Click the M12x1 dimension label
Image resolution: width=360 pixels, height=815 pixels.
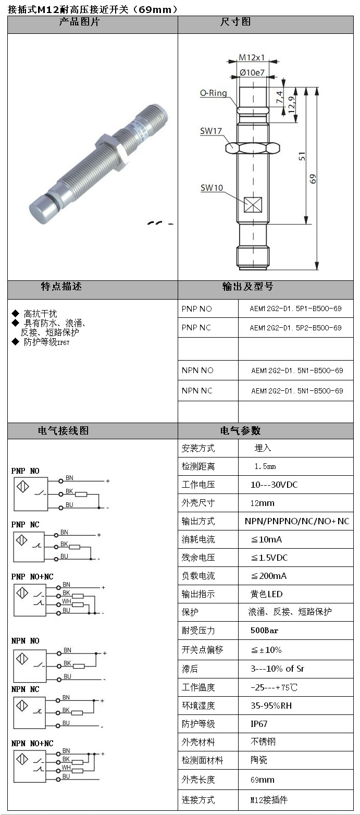pyautogui.click(x=252, y=57)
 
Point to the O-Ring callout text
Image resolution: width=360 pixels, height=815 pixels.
pyautogui.click(x=214, y=93)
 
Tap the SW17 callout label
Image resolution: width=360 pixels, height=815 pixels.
pyautogui.click(x=211, y=131)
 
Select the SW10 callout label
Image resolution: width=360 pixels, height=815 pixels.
pyautogui.click(x=212, y=188)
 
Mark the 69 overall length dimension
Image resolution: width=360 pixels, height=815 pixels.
pyautogui.click(x=313, y=179)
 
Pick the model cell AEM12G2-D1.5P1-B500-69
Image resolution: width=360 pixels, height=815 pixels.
pyautogui.click(x=295, y=308)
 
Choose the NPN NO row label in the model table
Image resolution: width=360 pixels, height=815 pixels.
pyautogui.click(x=197, y=371)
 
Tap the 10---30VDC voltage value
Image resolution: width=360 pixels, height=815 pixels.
pyautogui.click(x=274, y=485)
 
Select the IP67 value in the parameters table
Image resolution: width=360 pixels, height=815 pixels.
pyautogui.click(x=259, y=724)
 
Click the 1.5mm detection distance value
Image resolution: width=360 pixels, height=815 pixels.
pyautogui.click(x=265, y=466)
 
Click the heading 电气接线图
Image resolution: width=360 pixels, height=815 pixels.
pyautogui.click(x=63, y=431)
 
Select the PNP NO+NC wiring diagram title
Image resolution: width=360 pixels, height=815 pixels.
pyautogui.click(x=32, y=577)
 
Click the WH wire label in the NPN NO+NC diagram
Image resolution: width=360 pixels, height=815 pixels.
pyautogui.click(x=66, y=768)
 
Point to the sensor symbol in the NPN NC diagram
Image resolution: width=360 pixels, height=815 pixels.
pyautogui.click(x=22, y=707)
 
